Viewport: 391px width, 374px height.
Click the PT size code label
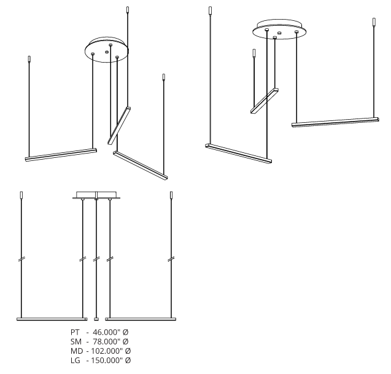tap(75, 332)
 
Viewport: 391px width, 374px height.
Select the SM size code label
tap(76, 341)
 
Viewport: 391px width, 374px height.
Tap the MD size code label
tap(77, 351)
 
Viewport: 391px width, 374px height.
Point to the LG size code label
tap(75, 360)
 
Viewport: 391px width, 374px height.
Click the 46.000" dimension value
tap(106, 332)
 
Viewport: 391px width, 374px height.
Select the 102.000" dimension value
tap(107, 351)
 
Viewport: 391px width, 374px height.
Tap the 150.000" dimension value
tap(107, 360)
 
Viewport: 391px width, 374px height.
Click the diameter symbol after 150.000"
tap(128, 360)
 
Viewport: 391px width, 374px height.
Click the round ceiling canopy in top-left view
tap(107, 50)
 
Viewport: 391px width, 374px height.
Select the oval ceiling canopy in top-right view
tap(279, 29)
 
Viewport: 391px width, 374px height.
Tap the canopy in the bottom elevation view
tap(96, 195)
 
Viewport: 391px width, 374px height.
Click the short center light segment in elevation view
tap(96, 319)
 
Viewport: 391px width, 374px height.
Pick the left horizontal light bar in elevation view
tap(52, 319)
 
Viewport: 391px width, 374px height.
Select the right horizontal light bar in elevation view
tap(141, 319)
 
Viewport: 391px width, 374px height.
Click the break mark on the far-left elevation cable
tap(21, 259)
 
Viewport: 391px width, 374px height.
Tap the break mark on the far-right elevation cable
tap(171, 259)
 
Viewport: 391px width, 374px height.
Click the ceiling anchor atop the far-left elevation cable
tap(21, 195)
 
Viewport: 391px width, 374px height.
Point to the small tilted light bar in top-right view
tap(265, 101)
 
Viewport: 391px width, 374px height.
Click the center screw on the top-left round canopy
tap(107, 52)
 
